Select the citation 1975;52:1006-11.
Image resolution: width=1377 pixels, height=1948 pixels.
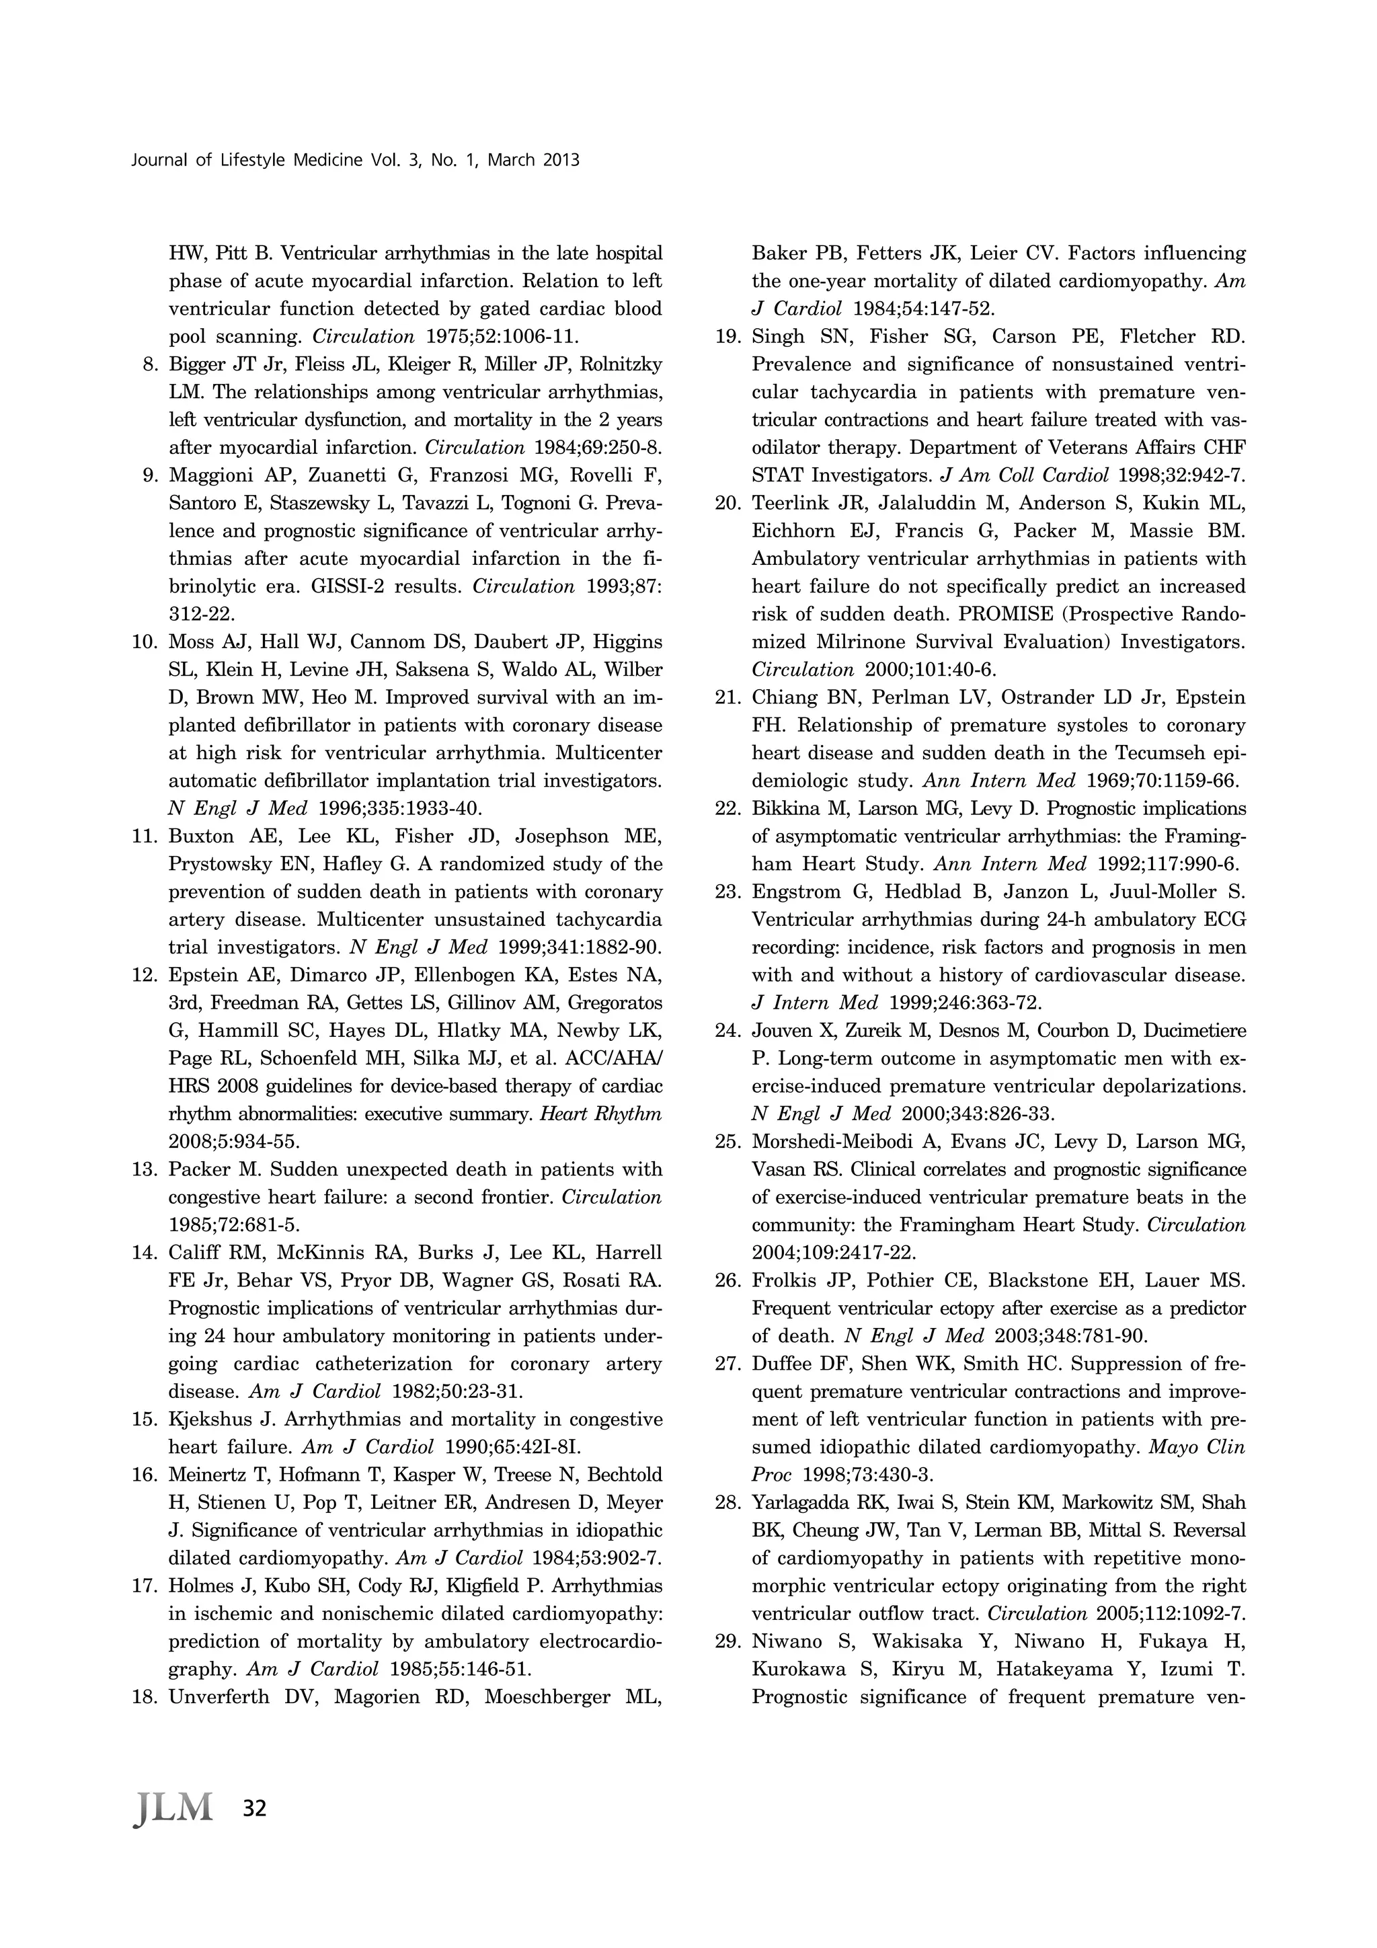(x=500, y=337)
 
